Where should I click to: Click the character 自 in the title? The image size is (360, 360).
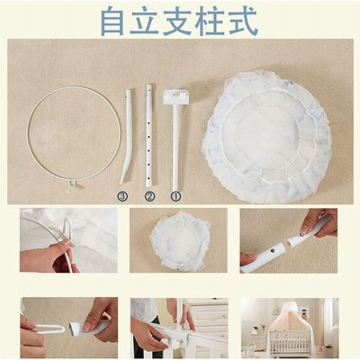pyautogui.click(x=112, y=21)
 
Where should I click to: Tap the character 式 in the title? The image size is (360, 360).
pyautogui.click(x=242, y=21)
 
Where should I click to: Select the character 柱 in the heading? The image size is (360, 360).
pyautogui.click(x=210, y=21)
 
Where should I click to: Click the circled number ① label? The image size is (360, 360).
pyautogui.click(x=176, y=196)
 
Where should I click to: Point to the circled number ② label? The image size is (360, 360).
pyautogui.click(x=149, y=196)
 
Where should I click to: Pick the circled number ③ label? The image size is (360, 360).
pyautogui.click(x=122, y=196)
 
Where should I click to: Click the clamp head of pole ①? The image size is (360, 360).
pyautogui.click(x=176, y=96)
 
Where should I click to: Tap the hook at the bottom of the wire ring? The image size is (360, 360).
pyautogui.click(x=70, y=185)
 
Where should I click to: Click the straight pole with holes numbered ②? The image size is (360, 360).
pyautogui.click(x=148, y=136)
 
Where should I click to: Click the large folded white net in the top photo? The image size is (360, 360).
pyautogui.click(x=267, y=137)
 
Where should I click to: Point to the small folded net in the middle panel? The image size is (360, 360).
pyautogui.click(x=179, y=241)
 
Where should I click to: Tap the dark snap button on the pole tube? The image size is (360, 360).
pyautogui.click(x=273, y=250)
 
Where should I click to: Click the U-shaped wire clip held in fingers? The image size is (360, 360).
pyautogui.click(x=49, y=329)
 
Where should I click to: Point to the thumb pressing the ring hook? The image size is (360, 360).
pyautogui.click(x=60, y=246)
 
